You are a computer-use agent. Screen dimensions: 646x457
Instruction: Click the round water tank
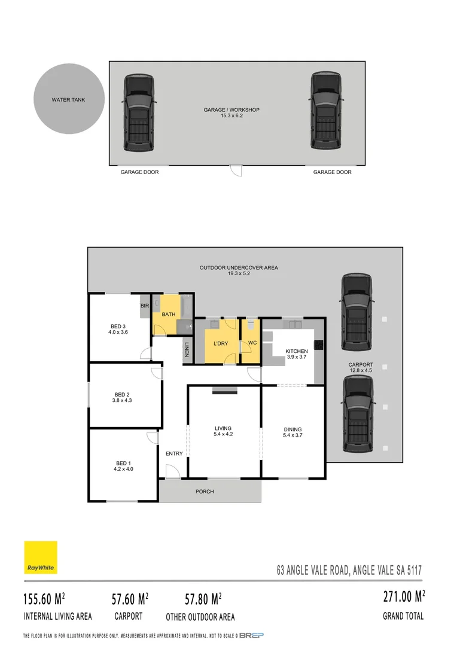68,99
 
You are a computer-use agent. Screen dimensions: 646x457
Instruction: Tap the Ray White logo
41,557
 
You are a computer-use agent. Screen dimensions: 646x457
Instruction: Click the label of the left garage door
139,172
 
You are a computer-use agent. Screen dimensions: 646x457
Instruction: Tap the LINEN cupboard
186,349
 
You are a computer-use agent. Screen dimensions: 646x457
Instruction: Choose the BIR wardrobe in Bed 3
144,306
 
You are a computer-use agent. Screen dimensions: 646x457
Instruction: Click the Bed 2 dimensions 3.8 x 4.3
121,401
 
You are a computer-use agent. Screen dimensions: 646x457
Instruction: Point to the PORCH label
205,492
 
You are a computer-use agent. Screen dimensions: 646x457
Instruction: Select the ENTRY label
174,453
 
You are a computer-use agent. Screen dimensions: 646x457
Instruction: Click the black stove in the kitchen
319,345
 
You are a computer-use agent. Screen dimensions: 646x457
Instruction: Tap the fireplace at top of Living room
224,391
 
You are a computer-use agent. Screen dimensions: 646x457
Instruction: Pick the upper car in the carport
357,312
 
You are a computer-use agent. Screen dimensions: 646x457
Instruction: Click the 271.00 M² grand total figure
403,596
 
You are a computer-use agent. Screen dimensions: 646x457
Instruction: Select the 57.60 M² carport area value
130,598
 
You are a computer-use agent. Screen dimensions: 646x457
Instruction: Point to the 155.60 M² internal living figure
44,598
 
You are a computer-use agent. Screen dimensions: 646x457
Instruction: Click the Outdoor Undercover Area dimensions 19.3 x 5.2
239,274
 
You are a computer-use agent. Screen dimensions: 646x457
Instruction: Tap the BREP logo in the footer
251,635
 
